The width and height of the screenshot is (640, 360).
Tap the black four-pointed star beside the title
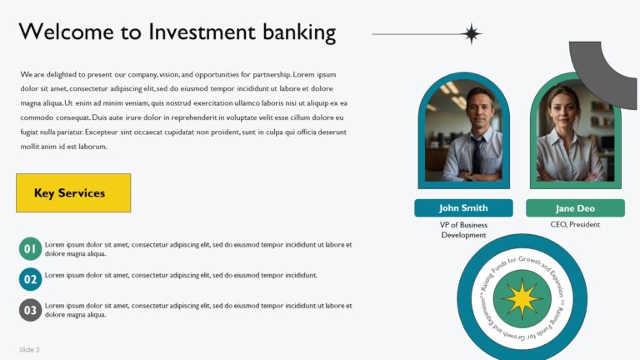[472, 34]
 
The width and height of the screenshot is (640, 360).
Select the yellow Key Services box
[73, 192]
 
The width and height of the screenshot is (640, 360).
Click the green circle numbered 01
[30, 248]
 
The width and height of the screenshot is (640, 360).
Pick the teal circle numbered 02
[30, 279]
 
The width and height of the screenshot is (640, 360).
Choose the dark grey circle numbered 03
[30, 310]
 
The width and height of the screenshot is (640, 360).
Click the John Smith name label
[463, 207]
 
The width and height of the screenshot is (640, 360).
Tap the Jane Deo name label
[575, 208]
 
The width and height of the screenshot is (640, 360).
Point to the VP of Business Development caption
[463, 230]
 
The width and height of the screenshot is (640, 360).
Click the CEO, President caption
[575, 224]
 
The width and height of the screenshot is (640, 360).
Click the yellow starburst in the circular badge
[522, 298]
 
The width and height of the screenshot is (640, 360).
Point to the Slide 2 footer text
[30, 349]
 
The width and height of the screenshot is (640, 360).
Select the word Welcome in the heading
[58, 32]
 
